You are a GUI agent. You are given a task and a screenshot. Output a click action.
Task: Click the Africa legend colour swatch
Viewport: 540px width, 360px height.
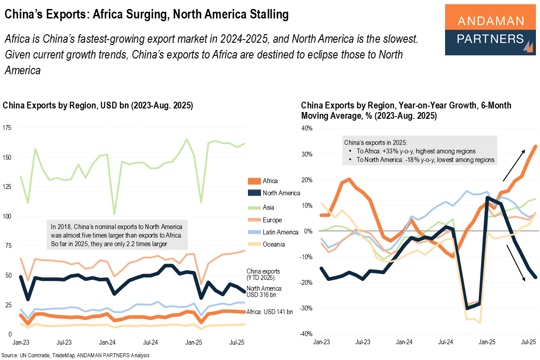click(x=255, y=181)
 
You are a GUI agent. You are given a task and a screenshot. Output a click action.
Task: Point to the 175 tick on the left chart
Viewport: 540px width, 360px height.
click(x=8, y=128)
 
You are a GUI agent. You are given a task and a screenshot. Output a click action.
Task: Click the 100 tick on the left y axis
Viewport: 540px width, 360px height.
click(x=8, y=216)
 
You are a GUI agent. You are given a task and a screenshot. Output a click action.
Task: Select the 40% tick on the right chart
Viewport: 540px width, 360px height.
click(x=306, y=128)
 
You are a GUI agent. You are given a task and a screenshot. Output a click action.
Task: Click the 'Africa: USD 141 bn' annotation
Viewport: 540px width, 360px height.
click(x=270, y=311)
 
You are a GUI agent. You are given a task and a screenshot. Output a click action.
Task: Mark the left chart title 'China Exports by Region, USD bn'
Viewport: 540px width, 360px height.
click(x=98, y=106)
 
